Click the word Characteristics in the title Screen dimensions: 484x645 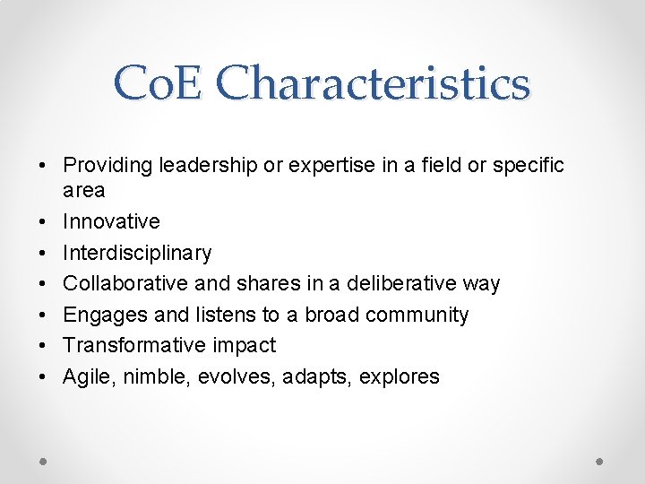(x=373, y=84)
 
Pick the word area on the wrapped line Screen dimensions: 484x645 (x=83, y=190)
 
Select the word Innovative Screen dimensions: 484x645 (x=111, y=221)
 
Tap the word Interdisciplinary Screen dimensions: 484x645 (x=137, y=253)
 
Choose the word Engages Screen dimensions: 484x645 (x=100, y=315)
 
